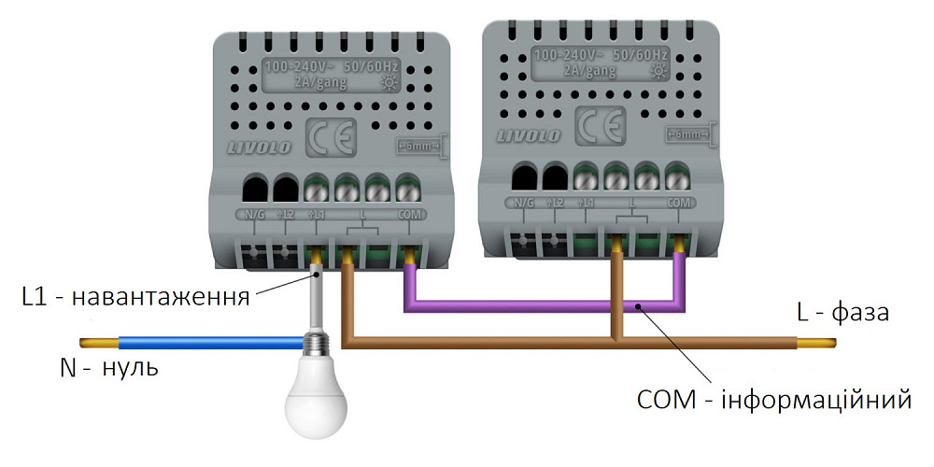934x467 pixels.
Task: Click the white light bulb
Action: point(315,400)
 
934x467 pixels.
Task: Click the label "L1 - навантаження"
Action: point(135,298)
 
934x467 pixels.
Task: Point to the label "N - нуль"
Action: point(108,368)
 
